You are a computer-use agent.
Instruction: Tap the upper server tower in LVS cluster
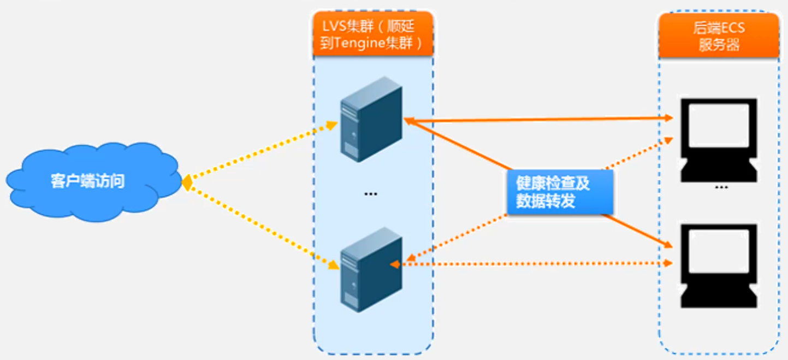[371, 119]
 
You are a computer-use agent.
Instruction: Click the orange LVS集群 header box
[372, 34]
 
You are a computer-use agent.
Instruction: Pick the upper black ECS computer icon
[719, 140]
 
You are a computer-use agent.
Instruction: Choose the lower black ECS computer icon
[719, 265]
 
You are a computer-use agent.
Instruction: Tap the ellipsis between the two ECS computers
[721, 187]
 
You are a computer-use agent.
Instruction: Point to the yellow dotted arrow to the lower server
[262, 224]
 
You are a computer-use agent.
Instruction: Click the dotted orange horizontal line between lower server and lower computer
[535, 264]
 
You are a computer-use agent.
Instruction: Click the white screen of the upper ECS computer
[719, 125]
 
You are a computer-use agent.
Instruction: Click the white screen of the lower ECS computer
[719, 250]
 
